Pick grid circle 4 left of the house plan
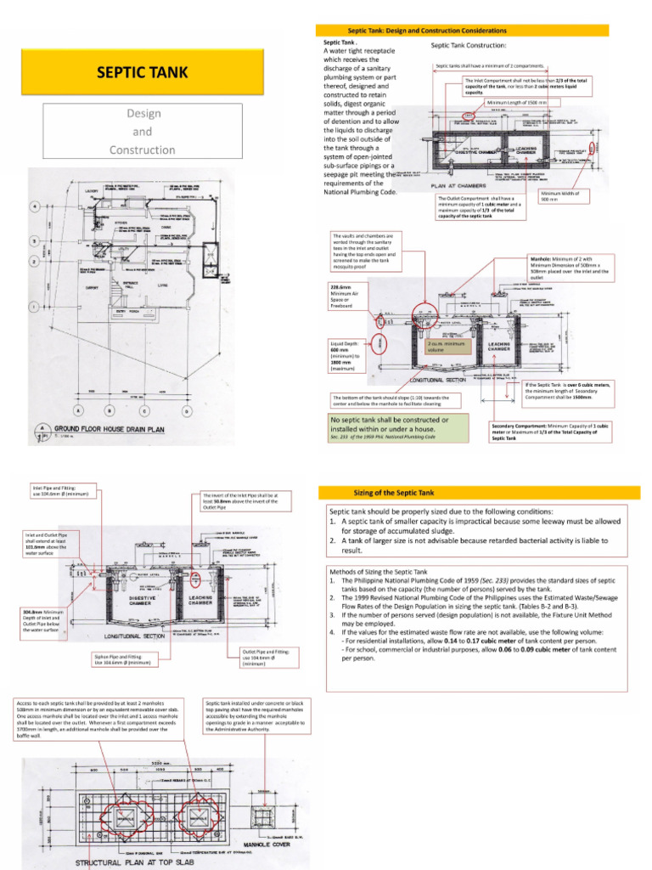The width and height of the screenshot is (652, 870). click(x=35, y=207)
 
